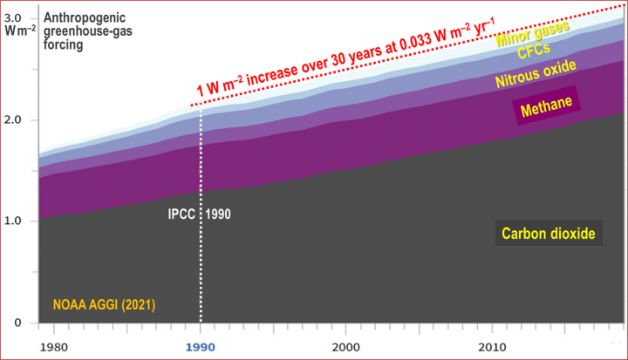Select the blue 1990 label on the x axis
[201, 346]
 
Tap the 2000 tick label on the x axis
[346, 345]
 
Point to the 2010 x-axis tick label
[491, 345]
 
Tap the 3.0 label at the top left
[15, 17]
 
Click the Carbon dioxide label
[548, 234]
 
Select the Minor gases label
[531, 34]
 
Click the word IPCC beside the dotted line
[183, 212]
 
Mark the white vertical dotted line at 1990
[201, 262]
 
